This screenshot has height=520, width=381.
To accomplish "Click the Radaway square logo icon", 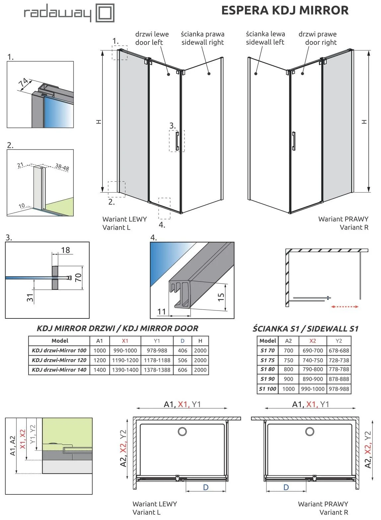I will coord(105,13).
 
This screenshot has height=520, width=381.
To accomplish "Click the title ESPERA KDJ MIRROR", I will coord(285,10).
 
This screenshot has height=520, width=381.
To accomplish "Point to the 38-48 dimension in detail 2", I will coord(62,167).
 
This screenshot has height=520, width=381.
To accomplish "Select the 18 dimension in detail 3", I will coord(65,250).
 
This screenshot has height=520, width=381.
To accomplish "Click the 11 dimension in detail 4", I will coord(162,311).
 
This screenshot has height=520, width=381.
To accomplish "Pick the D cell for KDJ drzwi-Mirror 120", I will coord(183,360).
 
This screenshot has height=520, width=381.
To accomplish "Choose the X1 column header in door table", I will coord(125,341).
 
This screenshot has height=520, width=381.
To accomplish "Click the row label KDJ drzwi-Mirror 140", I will coord(59,370).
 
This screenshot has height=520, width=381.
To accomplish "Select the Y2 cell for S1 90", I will coord(339,379).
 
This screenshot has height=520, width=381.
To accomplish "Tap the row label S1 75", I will coord(267,360).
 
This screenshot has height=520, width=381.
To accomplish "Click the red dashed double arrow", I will coord(345,306).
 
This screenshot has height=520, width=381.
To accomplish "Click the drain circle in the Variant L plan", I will coord(182,431).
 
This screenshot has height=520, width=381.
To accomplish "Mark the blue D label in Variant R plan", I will coord(286,487).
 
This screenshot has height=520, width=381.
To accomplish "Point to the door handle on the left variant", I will coord(178,141).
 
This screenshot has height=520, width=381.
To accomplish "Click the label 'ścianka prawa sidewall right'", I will coord(202,38).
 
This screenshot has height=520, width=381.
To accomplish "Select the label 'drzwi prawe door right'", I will coord(318,38).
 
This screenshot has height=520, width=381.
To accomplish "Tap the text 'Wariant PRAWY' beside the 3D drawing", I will coord(343,219).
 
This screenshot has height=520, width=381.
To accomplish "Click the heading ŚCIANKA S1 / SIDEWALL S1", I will coord(305,329).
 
